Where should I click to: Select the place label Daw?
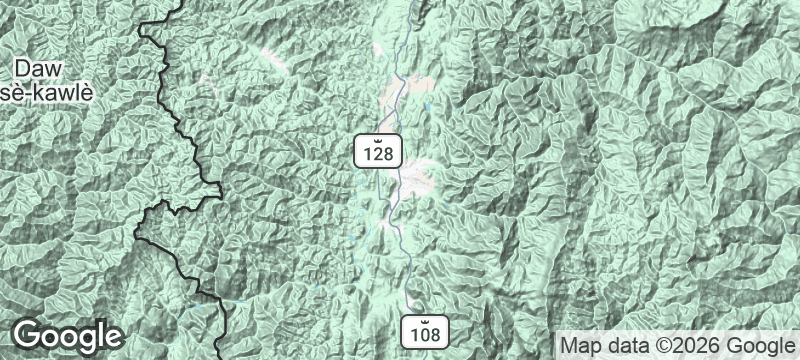click(x=47, y=70)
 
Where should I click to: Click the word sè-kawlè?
click(x=47, y=93)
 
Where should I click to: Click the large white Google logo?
click(x=68, y=335)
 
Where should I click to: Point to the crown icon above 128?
click(x=378, y=138)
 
